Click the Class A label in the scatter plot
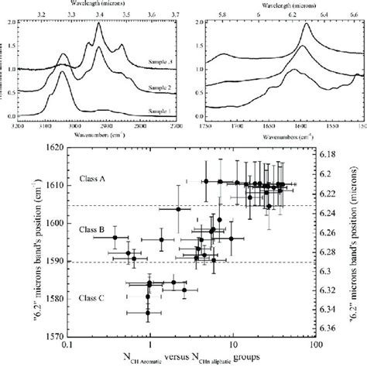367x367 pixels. pyautogui.click(x=93, y=180)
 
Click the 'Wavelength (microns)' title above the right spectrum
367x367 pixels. pyautogui.click(x=285, y=5)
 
